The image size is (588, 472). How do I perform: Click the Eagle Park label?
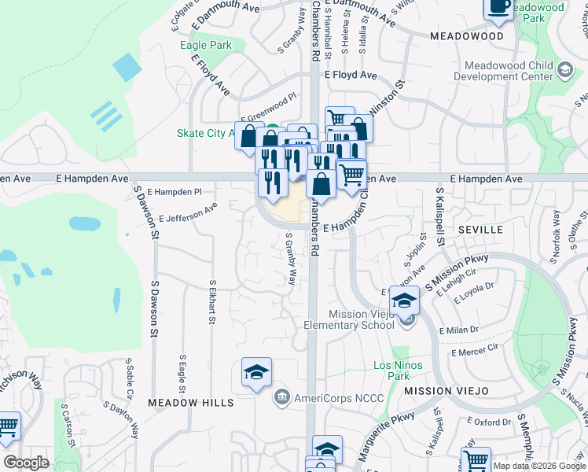206,45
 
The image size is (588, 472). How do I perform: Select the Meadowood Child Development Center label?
508,72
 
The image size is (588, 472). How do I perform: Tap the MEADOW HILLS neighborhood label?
191,403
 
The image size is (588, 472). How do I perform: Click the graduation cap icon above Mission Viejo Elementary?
404,301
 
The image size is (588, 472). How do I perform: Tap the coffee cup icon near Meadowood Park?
498,6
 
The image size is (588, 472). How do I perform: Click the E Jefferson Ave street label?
188,213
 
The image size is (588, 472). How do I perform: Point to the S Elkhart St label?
212,301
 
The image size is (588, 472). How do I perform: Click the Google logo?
26,463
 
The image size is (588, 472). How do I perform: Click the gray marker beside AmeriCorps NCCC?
281,398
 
